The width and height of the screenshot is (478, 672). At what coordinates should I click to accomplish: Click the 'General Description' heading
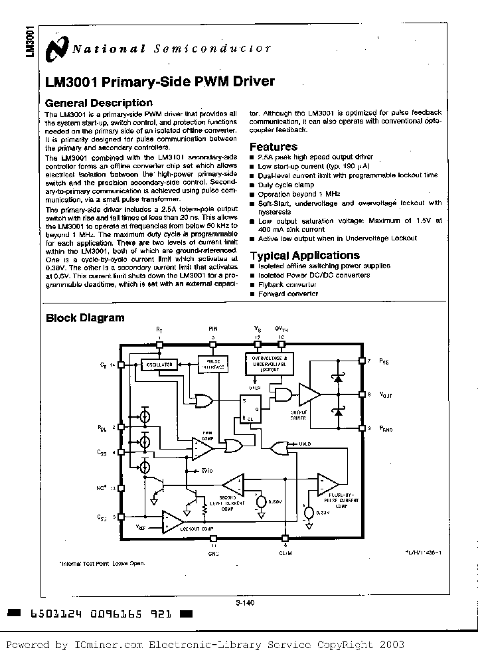coord(98,103)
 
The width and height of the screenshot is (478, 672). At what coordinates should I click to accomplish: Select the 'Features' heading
coord(274,147)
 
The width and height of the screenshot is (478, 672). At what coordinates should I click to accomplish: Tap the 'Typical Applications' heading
coord(305,256)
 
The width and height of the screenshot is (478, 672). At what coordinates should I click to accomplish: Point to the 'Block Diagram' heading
coord(84,318)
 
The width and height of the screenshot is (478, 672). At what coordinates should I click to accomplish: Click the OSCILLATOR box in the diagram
coord(159,365)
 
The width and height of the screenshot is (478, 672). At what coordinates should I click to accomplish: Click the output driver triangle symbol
coord(308,394)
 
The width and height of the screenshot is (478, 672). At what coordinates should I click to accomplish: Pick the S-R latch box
coord(250,408)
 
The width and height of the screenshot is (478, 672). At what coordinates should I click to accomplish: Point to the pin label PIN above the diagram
coord(212,328)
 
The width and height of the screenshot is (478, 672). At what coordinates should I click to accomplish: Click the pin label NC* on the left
coord(102,487)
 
